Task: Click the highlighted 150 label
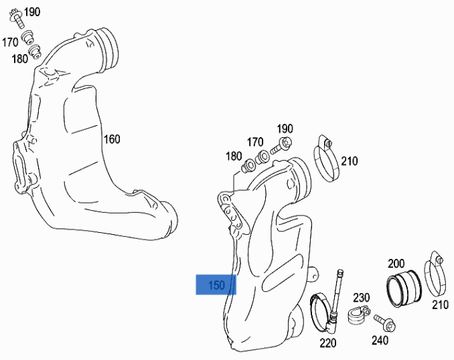pyautogui.click(x=216, y=285)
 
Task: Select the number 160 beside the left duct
pyautogui.click(x=111, y=140)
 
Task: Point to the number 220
pyautogui.click(x=329, y=343)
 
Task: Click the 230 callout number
pyautogui.click(x=362, y=297)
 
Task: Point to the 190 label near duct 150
pyautogui.click(x=285, y=128)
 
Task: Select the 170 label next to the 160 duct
pyautogui.click(x=10, y=42)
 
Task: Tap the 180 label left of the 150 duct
pyautogui.click(x=234, y=156)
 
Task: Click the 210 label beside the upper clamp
pyautogui.click(x=349, y=161)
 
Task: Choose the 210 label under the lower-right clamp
pyautogui.click(x=439, y=305)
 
